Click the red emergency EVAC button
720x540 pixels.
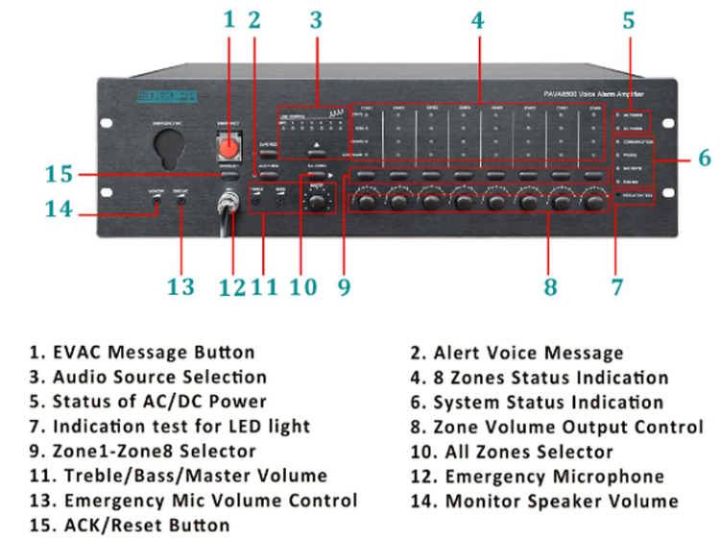click(228, 145)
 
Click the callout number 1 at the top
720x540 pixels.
click(228, 18)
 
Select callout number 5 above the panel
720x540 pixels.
click(629, 18)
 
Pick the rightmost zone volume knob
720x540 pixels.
click(591, 202)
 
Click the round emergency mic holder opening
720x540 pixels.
click(169, 150)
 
